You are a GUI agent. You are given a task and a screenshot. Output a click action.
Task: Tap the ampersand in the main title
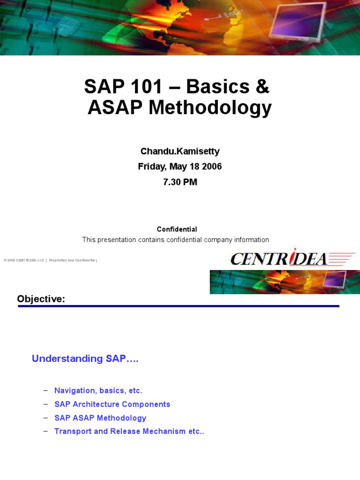pos(262,87)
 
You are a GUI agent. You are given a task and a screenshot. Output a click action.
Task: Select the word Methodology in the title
pos(210,108)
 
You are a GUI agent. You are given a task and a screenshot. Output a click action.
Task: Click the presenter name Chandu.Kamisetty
pos(180,151)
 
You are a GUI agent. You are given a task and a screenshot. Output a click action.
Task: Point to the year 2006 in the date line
pos(212,166)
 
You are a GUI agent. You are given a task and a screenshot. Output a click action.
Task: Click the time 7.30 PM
pos(180,182)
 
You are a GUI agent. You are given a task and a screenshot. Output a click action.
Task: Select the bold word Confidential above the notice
pos(177,229)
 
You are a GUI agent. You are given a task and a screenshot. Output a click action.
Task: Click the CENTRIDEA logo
pos(292,258)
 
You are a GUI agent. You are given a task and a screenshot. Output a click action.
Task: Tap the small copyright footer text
pos(50,260)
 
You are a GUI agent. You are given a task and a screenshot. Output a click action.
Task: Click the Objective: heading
pos(41,299)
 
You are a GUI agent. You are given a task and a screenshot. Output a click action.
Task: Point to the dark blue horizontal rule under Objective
pos(178,306)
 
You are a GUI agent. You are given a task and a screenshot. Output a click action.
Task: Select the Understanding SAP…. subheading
pos(85,359)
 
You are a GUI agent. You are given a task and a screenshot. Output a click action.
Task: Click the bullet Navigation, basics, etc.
pos(98,390)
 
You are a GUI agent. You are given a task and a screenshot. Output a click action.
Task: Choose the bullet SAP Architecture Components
pos(112,404)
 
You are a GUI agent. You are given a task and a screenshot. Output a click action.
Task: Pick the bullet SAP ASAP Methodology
pos(100,418)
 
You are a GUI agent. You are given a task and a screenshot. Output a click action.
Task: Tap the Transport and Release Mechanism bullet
pos(129,431)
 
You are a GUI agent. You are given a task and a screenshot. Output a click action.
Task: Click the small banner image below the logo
pos(285,282)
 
